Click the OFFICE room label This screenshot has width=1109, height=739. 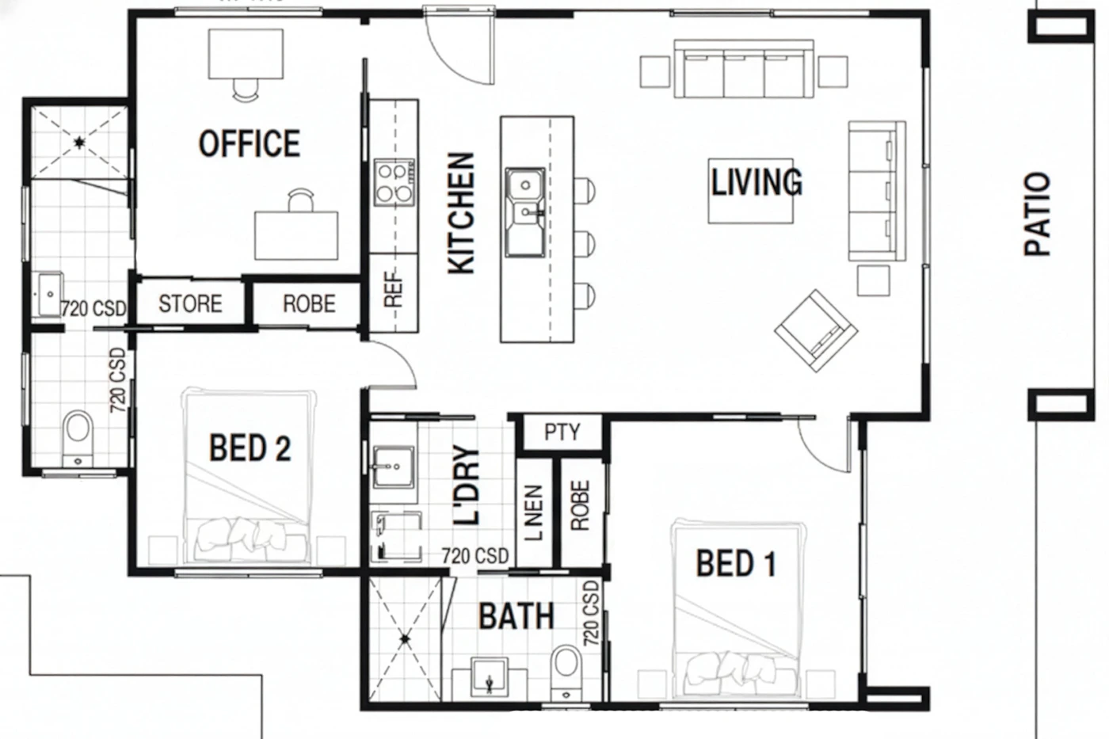[x=250, y=143]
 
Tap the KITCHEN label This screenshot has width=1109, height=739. [x=461, y=213]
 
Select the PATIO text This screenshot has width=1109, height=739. [x=1037, y=215]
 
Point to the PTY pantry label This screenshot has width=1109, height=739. [x=562, y=432]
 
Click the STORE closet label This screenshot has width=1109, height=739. [x=190, y=304]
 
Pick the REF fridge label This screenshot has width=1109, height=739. [x=393, y=288]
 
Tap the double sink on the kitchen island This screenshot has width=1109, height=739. [x=525, y=212]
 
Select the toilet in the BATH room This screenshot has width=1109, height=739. [x=566, y=674]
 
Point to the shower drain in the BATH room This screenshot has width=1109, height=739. [x=406, y=639]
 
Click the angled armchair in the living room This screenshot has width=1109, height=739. [x=816, y=330]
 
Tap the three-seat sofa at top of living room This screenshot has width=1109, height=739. [x=744, y=69]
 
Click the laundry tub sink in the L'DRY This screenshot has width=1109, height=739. [x=394, y=467]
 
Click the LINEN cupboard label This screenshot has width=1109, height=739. [x=534, y=512]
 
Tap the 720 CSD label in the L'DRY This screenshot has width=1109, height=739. [x=475, y=556]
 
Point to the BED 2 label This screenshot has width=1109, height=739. [x=250, y=448]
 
